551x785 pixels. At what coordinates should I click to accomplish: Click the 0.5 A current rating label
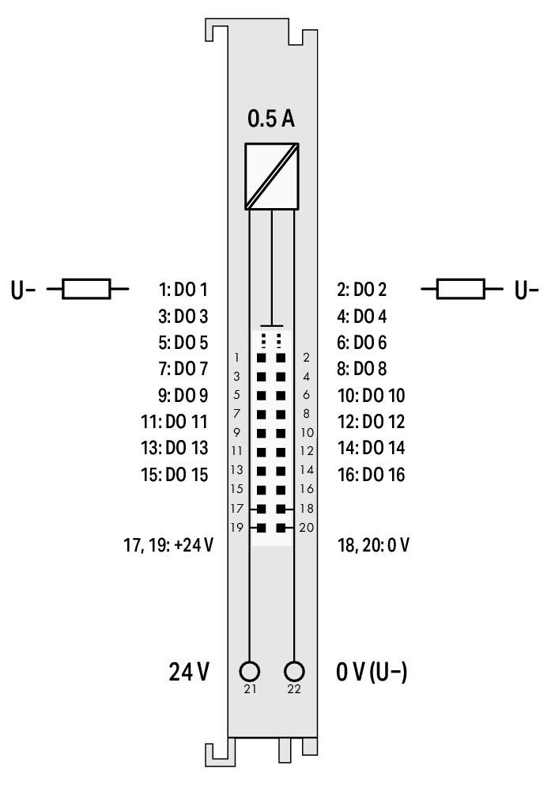point(271,119)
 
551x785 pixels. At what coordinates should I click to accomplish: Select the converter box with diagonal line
point(271,176)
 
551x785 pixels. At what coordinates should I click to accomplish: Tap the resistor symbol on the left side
point(87,289)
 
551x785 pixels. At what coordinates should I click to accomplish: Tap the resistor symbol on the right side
point(462,289)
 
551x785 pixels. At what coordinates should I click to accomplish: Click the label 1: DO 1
point(183,290)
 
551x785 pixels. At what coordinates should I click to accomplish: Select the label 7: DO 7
point(183,369)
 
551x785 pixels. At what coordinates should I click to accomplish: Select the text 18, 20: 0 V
point(373,545)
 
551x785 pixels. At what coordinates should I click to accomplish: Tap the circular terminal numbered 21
point(250,672)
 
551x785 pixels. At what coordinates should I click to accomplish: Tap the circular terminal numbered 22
point(295,672)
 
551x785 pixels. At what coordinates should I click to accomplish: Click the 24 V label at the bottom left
point(190,673)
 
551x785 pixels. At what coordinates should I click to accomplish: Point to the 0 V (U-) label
point(372,673)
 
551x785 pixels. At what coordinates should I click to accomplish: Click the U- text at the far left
point(23,290)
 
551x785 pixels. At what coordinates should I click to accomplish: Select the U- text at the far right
point(526,290)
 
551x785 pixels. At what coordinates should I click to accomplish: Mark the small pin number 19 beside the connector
point(237,527)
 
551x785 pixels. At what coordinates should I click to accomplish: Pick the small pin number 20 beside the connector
point(307,527)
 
